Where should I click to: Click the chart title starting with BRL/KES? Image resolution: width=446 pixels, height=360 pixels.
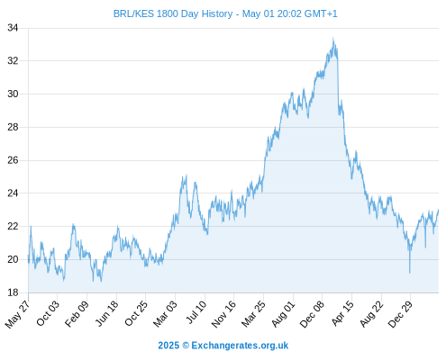click(x=225, y=13)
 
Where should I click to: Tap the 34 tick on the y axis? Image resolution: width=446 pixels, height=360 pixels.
click(x=13, y=28)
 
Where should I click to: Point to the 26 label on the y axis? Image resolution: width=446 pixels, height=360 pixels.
click(x=13, y=160)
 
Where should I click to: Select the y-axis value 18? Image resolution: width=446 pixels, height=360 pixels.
click(x=13, y=292)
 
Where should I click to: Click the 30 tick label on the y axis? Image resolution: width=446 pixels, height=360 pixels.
click(x=13, y=94)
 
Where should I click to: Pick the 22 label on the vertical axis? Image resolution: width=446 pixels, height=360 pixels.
click(x=13, y=226)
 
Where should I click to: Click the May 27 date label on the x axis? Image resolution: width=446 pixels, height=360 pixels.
click(x=17, y=314)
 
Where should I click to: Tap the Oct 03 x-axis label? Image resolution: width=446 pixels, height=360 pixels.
click(x=48, y=313)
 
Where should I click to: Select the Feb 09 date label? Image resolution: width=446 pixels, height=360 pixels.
click(x=77, y=313)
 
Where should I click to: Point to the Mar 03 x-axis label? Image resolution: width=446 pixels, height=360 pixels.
click(x=166, y=313)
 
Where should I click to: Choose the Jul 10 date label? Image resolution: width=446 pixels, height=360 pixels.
click(x=196, y=312)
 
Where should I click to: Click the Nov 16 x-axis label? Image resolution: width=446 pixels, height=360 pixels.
click(x=223, y=314)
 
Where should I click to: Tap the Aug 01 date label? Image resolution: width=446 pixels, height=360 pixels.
click(x=284, y=314)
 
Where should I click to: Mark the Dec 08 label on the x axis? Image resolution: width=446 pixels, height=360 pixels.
click(x=312, y=314)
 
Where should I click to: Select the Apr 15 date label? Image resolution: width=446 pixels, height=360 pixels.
click(x=343, y=313)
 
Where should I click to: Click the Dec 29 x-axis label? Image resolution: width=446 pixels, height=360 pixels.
click(x=401, y=314)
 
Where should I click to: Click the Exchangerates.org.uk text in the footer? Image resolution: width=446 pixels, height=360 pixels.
click(x=240, y=346)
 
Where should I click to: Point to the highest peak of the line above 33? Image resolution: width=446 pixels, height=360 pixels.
click(x=332, y=38)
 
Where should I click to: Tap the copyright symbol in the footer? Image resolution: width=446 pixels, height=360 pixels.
click(x=186, y=346)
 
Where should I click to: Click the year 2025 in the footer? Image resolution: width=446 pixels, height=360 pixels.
click(x=168, y=346)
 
